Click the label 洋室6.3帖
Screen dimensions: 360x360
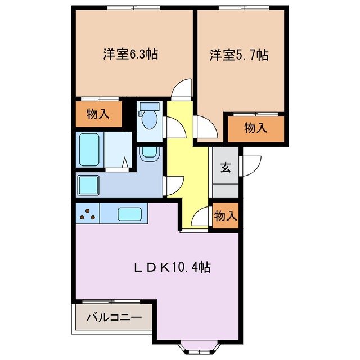coord(130,55)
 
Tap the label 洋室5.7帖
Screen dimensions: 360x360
coord(239,55)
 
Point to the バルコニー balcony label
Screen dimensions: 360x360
coord(114,318)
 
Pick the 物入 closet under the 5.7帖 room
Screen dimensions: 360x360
coord(255,128)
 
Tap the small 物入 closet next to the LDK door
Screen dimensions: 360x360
coord(226,215)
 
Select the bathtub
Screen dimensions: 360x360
coord(89,150)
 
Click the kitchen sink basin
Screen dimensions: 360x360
coord(129,214)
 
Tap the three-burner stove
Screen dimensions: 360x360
coord(87,214)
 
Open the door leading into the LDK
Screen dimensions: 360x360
coord(200,218)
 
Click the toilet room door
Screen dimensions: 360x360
coord(172,127)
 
